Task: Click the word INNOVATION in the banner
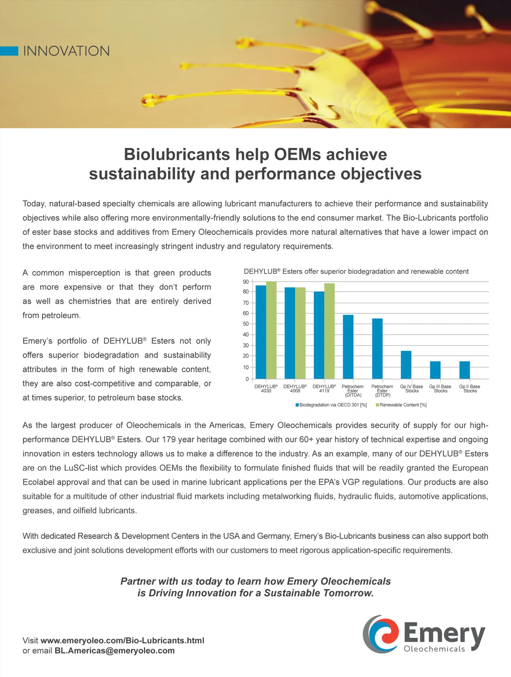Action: (66, 51)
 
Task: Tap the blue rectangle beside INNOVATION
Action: (9, 51)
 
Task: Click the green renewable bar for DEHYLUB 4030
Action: (271, 330)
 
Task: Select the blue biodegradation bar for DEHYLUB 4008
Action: (290, 333)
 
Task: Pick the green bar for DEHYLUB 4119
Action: (329, 331)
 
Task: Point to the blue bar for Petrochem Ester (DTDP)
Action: (377, 348)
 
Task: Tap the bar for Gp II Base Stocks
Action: (465, 370)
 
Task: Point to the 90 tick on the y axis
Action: (246, 282)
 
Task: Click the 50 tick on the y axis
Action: (246, 324)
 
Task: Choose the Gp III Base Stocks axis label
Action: (440, 388)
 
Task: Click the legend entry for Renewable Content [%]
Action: (401, 405)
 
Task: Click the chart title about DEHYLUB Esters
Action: (356, 272)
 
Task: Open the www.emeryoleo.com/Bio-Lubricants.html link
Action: (122, 640)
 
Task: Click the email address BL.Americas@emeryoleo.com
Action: (115, 651)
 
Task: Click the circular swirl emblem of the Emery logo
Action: (380, 634)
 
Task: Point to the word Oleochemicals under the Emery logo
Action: (434, 649)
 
